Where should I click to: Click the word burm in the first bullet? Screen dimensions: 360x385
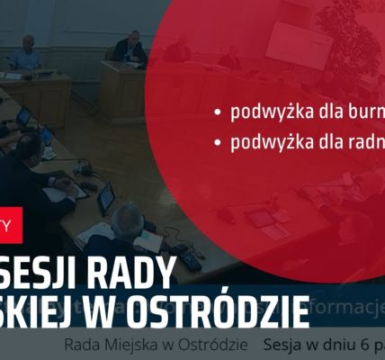click(x=362, y=112)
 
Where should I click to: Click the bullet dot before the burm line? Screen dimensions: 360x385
click(x=217, y=113)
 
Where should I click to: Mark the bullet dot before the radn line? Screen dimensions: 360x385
click(x=217, y=143)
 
